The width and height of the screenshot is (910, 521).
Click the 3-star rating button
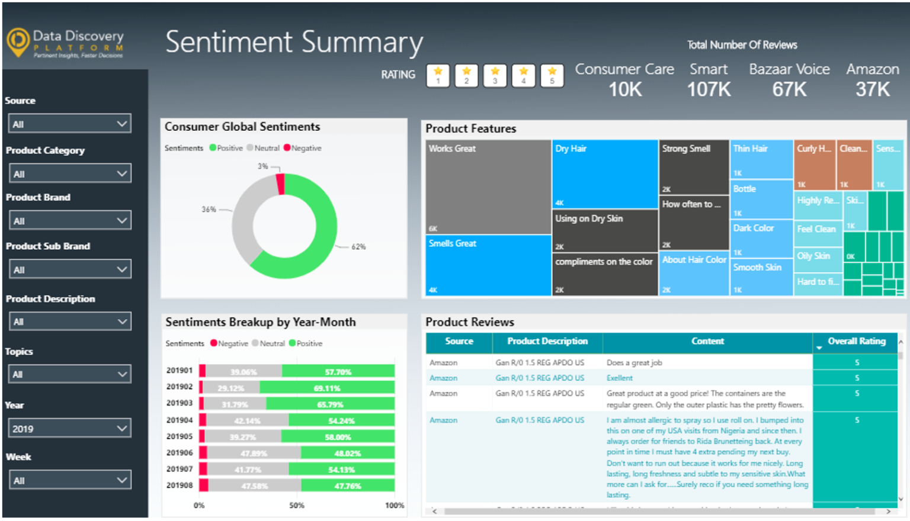click(495, 76)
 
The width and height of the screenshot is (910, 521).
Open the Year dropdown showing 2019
click(69, 429)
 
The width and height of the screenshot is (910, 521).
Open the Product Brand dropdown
click(69, 221)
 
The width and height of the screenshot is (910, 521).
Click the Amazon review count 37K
click(872, 89)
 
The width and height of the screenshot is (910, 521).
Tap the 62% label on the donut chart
click(358, 247)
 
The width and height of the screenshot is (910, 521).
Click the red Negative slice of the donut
click(281, 184)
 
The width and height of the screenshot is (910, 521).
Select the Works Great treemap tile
click(488, 186)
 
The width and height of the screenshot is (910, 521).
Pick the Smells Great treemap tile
click(488, 265)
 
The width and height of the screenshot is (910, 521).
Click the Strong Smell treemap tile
click(693, 167)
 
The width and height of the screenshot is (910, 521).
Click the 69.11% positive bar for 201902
click(327, 388)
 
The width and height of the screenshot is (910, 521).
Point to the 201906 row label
click(180, 453)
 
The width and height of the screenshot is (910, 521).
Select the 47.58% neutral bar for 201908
click(255, 486)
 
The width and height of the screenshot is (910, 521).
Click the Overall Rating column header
click(856, 342)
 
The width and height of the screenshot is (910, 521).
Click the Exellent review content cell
click(620, 378)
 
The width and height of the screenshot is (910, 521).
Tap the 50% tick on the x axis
click(297, 506)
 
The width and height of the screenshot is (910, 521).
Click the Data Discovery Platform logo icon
click(18, 41)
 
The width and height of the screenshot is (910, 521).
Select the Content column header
click(707, 342)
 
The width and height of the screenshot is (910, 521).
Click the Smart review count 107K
click(708, 89)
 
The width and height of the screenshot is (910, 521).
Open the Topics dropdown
click(69, 374)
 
